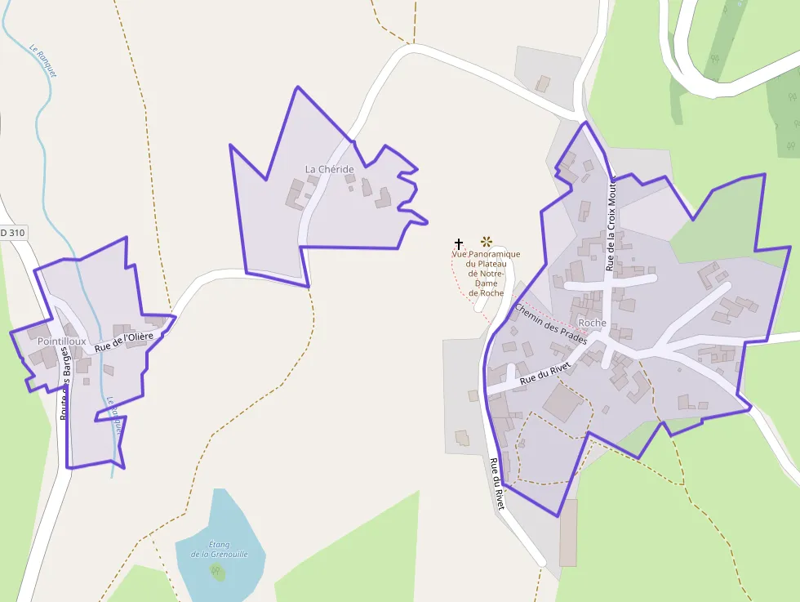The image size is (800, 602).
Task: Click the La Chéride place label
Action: pyautogui.click(x=330, y=169)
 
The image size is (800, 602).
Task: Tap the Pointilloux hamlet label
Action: pyautogui.click(x=61, y=341)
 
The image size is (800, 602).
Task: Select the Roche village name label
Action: pyautogui.click(x=592, y=323)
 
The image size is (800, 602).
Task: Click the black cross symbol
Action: pyautogui.click(x=459, y=243)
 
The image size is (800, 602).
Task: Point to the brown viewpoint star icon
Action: pyautogui.click(x=487, y=241)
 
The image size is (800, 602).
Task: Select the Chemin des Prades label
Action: pyautogui.click(x=550, y=324)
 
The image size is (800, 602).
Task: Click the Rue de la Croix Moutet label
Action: pyautogui.click(x=611, y=223)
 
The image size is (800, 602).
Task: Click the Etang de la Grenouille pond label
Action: pyautogui.click(x=218, y=550)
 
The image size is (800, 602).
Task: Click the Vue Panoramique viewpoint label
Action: pyautogui.click(x=486, y=273)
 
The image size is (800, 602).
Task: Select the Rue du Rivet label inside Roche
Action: pyautogui.click(x=543, y=374)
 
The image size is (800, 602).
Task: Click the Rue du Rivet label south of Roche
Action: pyautogui.click(x=496, y=484)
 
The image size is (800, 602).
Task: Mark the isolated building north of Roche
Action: pyautogui.click(x=543, y=83)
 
